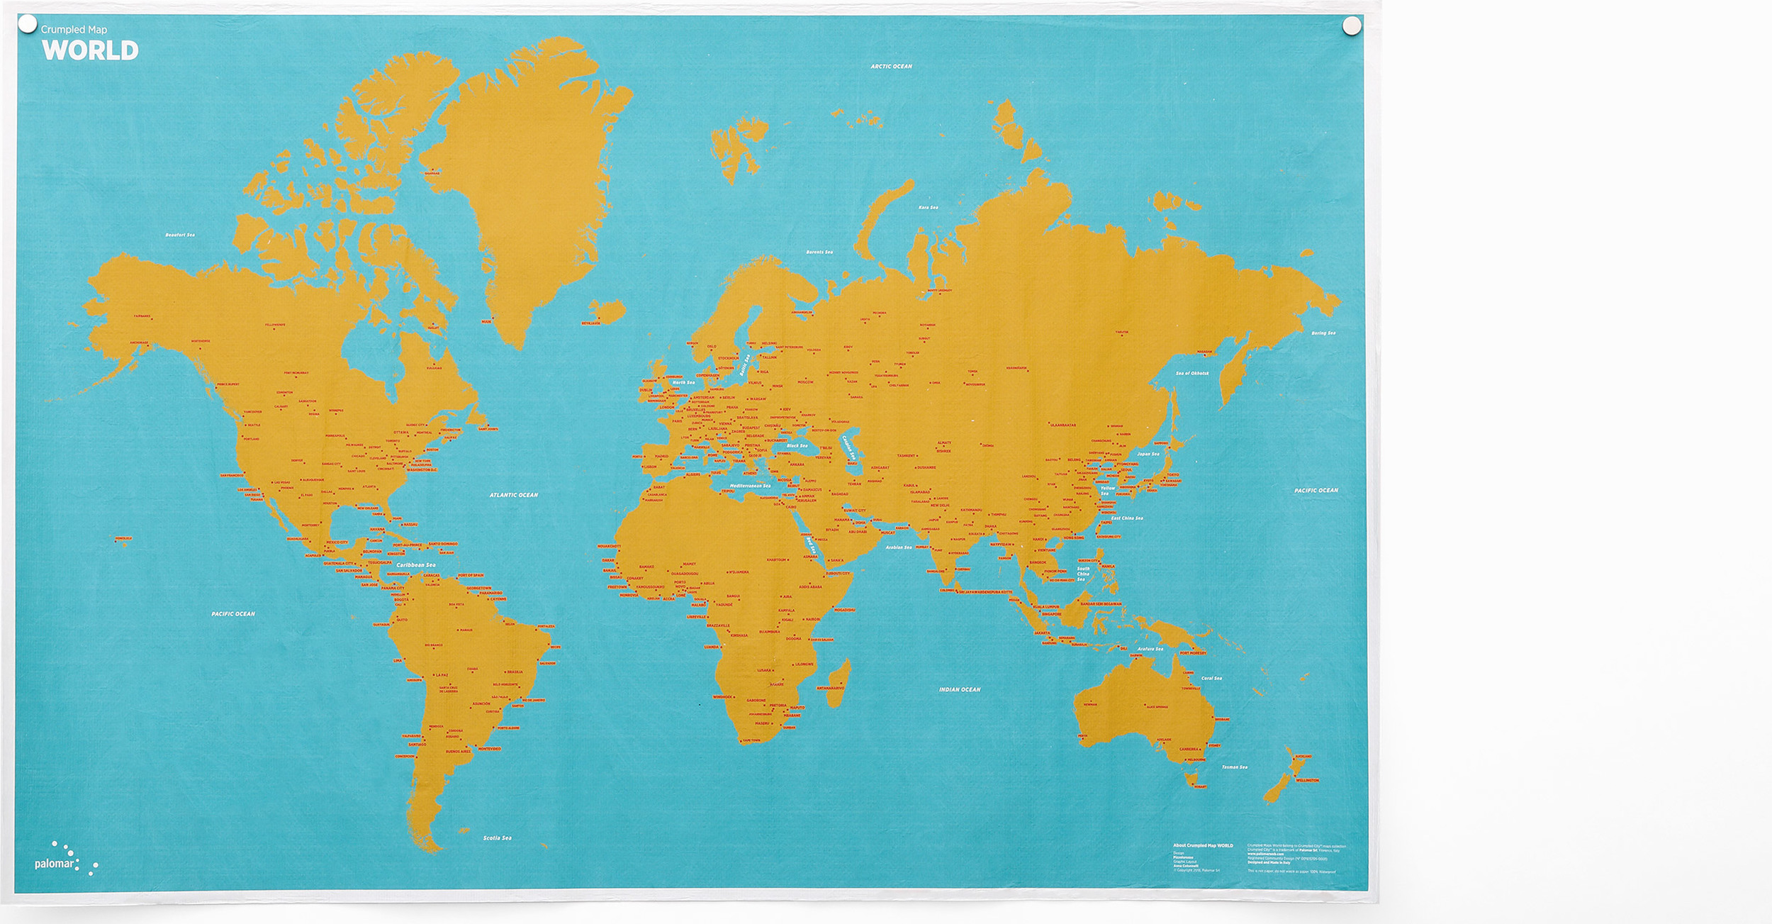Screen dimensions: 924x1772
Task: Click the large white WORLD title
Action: tap(90, 50)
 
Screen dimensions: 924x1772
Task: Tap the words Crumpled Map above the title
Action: tap(74, 30)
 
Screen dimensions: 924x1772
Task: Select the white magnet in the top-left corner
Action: tap(27, 25)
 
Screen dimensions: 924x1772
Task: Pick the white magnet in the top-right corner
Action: tap(1352, 26)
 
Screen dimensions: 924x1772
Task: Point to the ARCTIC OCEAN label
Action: tap(891, 67)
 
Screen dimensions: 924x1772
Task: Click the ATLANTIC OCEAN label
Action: tap(513, 495)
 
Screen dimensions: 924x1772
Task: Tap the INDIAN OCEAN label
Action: tap(960, 689)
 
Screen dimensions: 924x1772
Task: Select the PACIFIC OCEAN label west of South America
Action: tap(232, 614)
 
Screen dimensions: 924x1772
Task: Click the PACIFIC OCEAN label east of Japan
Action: tap(1316, 491)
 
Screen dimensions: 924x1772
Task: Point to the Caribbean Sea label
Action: tap(415, 565)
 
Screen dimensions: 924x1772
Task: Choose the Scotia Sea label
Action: tap(497, 838)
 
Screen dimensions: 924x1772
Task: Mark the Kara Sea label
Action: tap(928, 208)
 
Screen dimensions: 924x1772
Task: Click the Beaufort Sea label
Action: tap(180, 235)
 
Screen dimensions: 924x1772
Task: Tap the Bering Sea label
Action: tap(1323, 333)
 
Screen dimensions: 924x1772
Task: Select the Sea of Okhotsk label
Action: tap(1192, 373)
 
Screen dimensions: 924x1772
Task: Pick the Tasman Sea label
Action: tap(1234, 767)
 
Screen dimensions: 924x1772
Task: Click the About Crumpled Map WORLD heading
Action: tap(1203, 845)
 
